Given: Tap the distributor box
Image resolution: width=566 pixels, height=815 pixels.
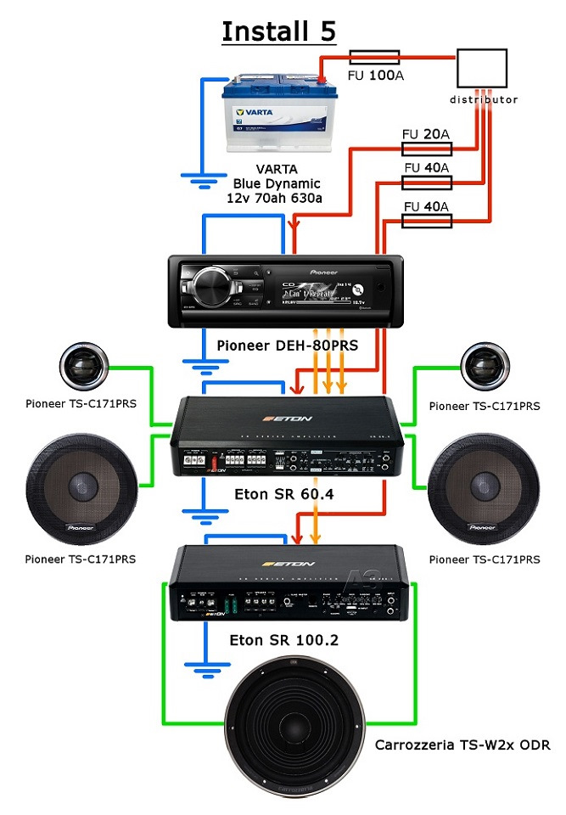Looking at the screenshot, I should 482,68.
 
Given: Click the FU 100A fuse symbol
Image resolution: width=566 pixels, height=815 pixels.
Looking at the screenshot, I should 374,57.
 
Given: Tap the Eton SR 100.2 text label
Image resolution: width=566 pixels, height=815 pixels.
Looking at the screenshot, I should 283,640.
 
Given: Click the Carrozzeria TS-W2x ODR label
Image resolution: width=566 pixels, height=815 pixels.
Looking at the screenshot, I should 462,745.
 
